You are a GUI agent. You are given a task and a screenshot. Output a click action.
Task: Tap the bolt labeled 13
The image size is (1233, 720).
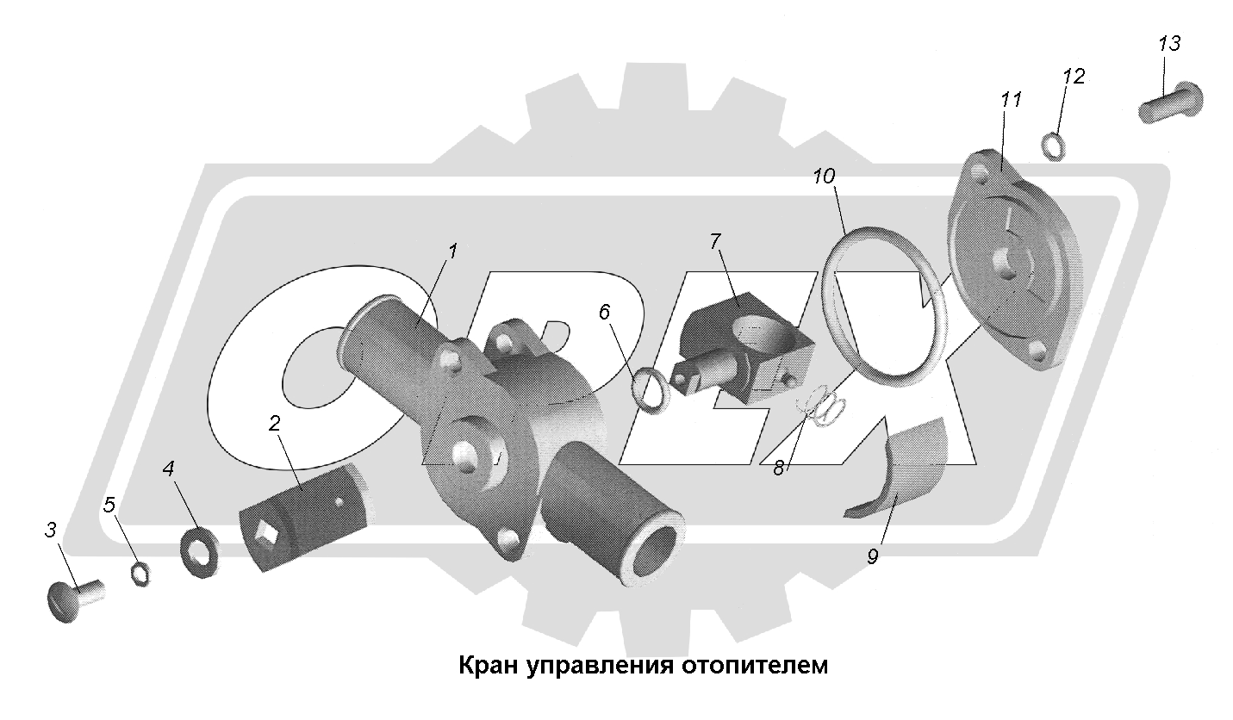[x=1171, y=102]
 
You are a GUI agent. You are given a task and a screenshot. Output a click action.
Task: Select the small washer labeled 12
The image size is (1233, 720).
[x=1052, y=146]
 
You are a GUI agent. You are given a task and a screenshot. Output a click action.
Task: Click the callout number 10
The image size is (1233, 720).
[x=823, y=177]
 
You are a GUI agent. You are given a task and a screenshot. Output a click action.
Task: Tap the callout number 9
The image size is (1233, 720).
[x=872, y=557]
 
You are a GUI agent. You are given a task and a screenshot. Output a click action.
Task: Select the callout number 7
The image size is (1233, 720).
[x=714, y=242]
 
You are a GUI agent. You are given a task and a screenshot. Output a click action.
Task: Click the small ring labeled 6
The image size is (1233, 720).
[x=651, y=391]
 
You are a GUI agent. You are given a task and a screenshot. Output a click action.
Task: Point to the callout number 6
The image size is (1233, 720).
[x=604, y=312]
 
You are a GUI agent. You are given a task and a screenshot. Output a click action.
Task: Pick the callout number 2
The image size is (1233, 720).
[x=274, y=423]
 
